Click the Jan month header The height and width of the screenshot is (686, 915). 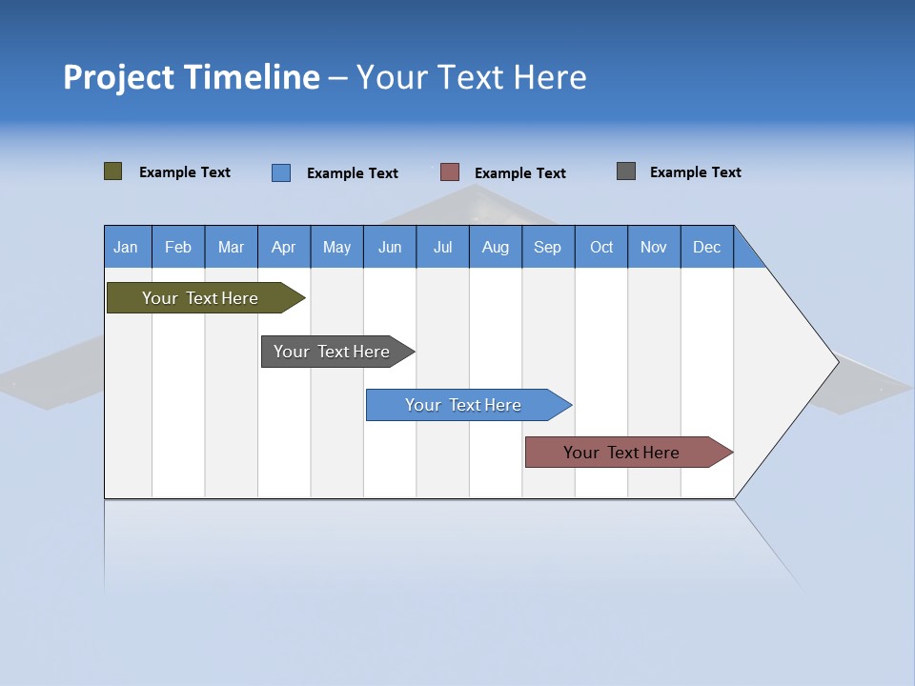coord(126,247)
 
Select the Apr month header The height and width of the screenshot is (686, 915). coord(283,247)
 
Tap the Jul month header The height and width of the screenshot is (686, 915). coord(442,247)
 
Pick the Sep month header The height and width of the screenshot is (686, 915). coord(547,247)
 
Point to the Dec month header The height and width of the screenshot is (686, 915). coord(706,247)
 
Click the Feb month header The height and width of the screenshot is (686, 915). coord(178,247)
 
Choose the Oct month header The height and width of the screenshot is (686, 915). coord(601,247)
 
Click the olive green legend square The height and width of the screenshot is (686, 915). coord(113,171)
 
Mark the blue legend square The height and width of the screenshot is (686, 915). coord(281,172)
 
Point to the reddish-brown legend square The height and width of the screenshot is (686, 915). coord(450,172)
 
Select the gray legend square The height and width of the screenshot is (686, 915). coord(626,171)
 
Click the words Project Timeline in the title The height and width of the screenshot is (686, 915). coord(192,77)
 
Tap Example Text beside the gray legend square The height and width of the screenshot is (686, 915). coord(695,172)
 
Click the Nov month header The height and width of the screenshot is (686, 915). coord(654,247)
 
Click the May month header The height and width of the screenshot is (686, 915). coord(336,247)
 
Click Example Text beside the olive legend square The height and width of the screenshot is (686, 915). coord(185,172)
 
